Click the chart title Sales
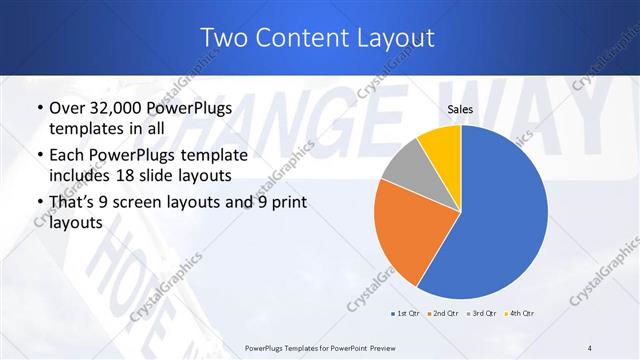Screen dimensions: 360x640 click(460, 109)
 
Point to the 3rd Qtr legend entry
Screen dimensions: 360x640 click(484, 314)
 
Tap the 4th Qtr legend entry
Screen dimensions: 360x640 click(522, 314)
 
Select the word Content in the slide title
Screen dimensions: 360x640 click(300, 38)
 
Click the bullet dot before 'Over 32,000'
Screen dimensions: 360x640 click(39, 109)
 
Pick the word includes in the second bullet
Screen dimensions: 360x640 click(81, 177)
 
